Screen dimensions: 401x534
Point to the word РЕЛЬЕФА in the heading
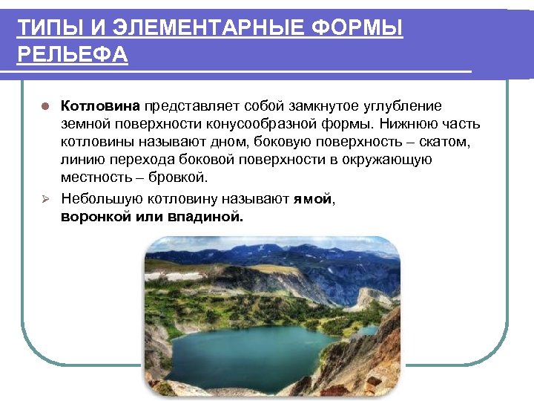(x=72, y=56)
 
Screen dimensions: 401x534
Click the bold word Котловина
(x=102, y=105)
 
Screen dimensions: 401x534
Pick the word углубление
(x=402, y=105)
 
